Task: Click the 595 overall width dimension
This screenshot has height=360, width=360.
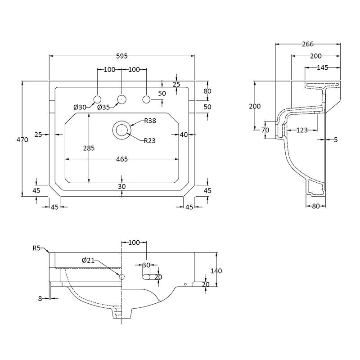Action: [122, 56]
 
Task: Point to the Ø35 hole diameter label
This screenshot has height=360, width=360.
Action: [103, 107]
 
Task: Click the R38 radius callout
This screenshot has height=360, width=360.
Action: [150, 121]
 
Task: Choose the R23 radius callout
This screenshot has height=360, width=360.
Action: [150, 141]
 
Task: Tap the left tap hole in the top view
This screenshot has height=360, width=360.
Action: [97, 99]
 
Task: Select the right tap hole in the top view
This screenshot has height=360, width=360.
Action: [146, 99]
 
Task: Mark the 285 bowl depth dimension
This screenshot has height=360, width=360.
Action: [89, 148]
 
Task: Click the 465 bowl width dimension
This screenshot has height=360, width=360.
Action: [122, 159]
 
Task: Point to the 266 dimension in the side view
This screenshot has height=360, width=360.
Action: [308, 44]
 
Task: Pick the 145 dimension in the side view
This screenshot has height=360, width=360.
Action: [322, 67]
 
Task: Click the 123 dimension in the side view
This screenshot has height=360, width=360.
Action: [302, 130]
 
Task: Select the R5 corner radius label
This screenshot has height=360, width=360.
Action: [36, 247]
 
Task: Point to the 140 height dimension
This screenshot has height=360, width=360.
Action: [216, 270]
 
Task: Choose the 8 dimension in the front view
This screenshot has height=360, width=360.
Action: [40, 298]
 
